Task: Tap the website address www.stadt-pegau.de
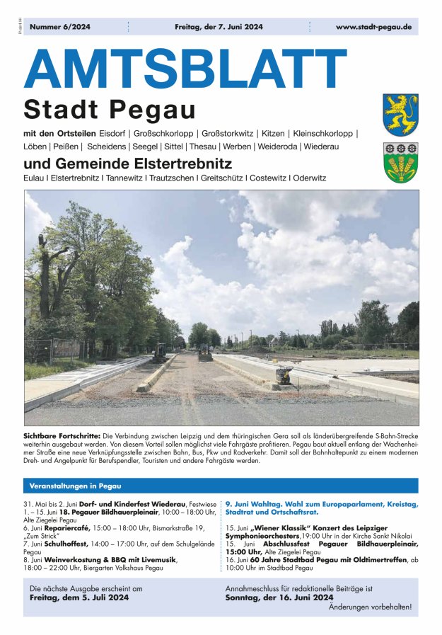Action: tap(373, 27)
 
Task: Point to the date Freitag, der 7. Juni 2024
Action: tap(218, 27)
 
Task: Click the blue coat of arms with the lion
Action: tap(400, 115)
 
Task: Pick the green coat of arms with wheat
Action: tap(400, 163)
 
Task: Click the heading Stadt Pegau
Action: tap(109, 110)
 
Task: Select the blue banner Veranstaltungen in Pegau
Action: tap(75, 486)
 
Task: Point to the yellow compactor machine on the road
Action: tap(284, 375)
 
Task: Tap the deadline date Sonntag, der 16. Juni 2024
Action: tap(279, 597)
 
